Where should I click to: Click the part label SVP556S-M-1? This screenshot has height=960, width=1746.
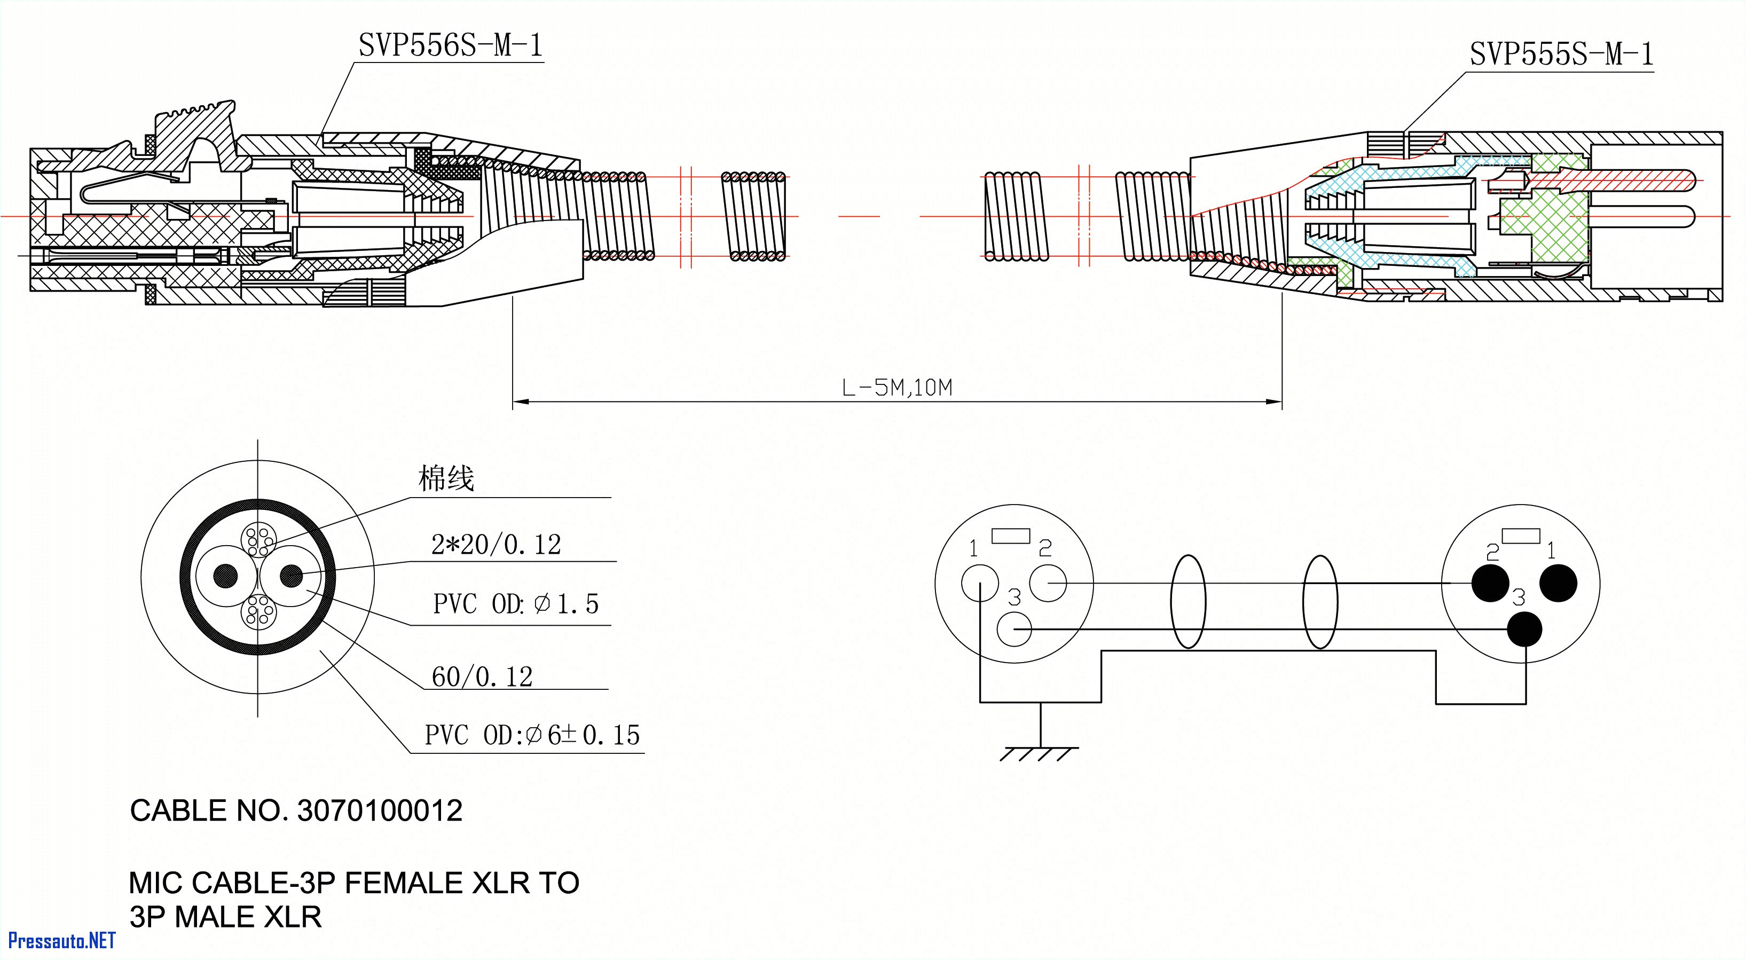[x=451, y=46]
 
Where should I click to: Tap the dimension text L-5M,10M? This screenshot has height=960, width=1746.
[x=896, y=388]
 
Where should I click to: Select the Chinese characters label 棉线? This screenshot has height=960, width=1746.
[x=446, y=478]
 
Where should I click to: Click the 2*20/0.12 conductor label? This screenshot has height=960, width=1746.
[x=496, y=545]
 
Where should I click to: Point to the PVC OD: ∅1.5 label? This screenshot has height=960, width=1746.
[x=516, y=604]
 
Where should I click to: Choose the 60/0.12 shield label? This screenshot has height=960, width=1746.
[x=482, y=676]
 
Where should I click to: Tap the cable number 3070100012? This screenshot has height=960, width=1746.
[x=380, y=811]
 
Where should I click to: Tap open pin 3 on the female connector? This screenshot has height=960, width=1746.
[x=1014, y=629]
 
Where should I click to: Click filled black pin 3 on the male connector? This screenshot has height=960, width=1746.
[x=1524, y=629]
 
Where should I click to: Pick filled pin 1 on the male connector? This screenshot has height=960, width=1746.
[x=1558, y=583]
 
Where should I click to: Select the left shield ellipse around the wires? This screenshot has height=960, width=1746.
[x=1187, y=601]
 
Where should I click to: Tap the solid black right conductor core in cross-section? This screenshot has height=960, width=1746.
[x=292, y=576]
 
